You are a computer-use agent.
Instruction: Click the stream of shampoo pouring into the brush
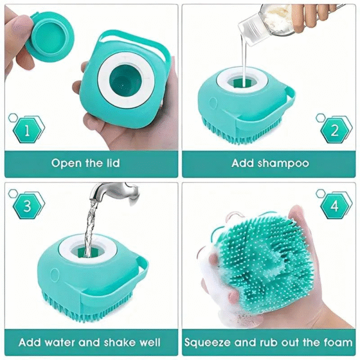pyautogui.click(x=245, y=60)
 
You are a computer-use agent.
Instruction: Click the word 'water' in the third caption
pyautogui.click(x=61, y=343)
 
